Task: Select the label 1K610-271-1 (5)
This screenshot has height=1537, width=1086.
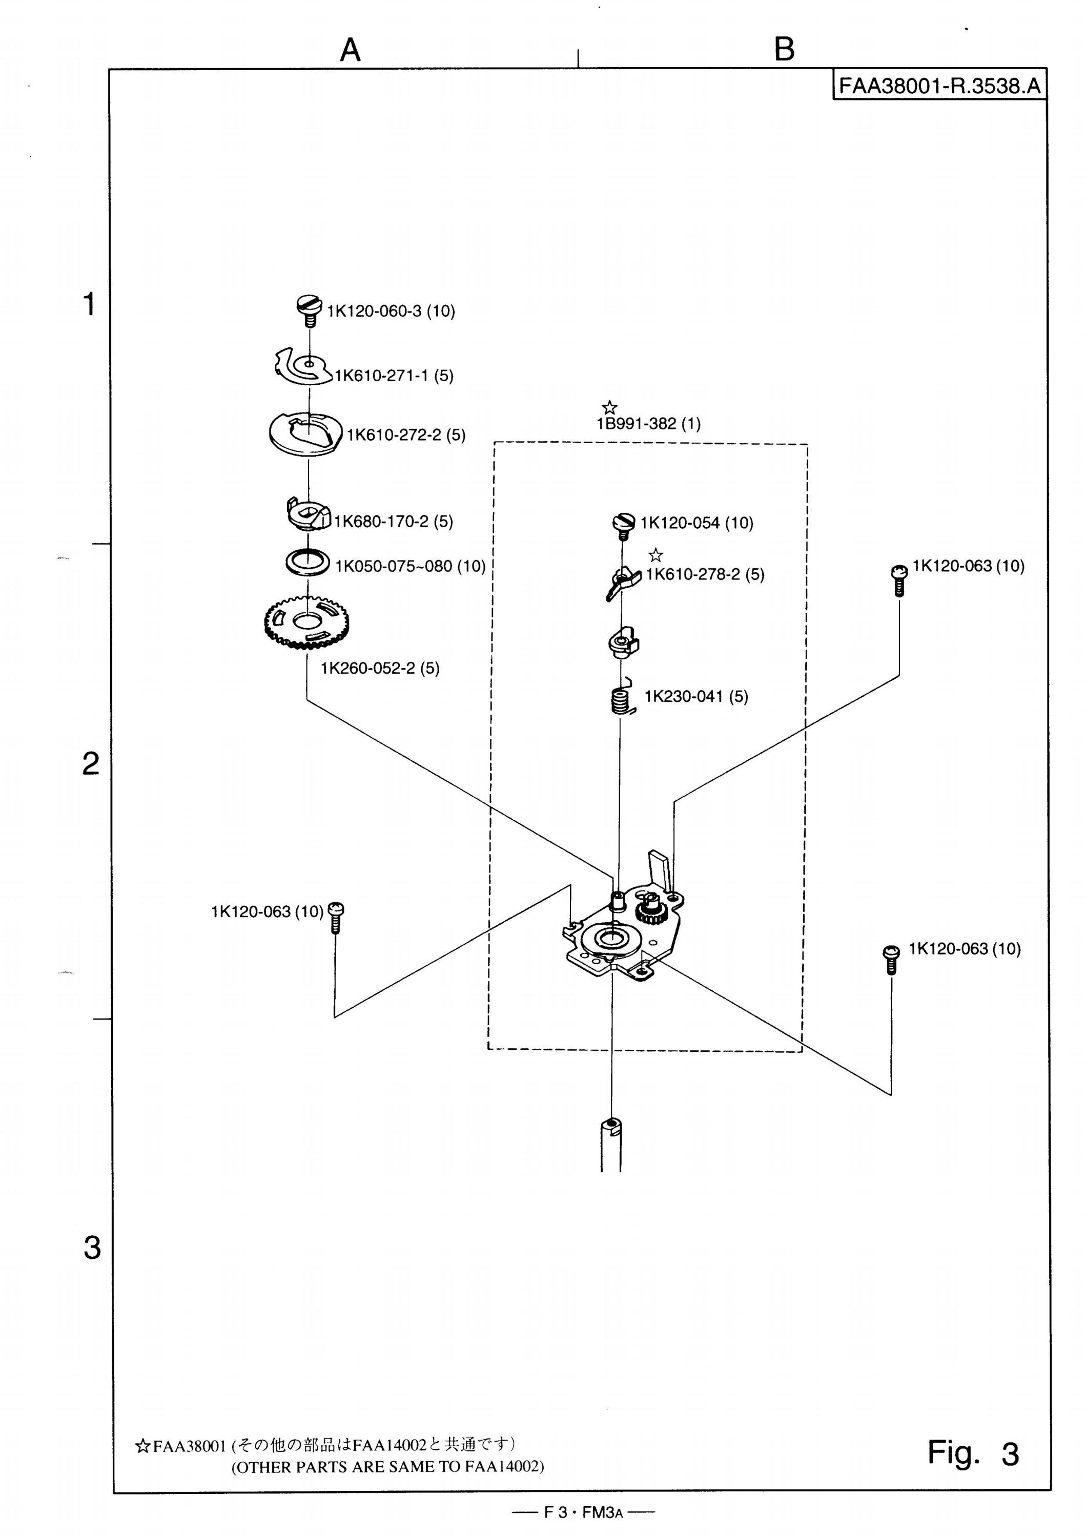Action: click(x=394, y=376)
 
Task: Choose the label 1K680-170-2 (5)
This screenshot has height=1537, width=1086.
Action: click(x=394, y=522)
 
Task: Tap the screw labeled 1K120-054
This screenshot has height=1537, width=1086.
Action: click(x=623, y=523)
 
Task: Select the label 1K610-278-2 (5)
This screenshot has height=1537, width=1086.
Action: click(x=705, y=574)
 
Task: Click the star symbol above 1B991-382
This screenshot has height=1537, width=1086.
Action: click(x=609, y=406)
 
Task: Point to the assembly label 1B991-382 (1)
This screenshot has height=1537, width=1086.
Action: click(x=649, y=424)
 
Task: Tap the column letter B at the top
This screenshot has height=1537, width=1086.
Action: click(x=784, y=49)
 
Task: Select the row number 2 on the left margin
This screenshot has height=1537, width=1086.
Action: click(x=91, y=763)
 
